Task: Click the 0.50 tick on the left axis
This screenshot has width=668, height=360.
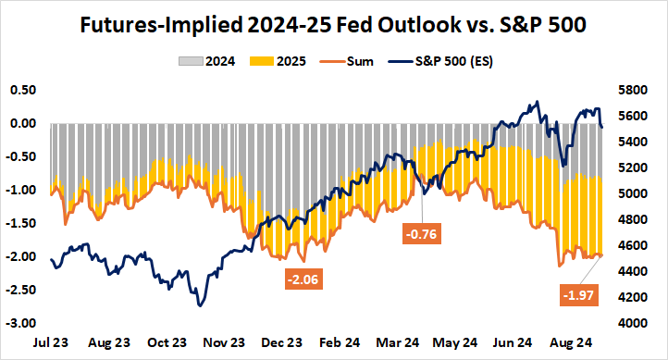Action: [x=22, y=90]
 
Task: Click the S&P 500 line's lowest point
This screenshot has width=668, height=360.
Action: [x=198, y=305]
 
